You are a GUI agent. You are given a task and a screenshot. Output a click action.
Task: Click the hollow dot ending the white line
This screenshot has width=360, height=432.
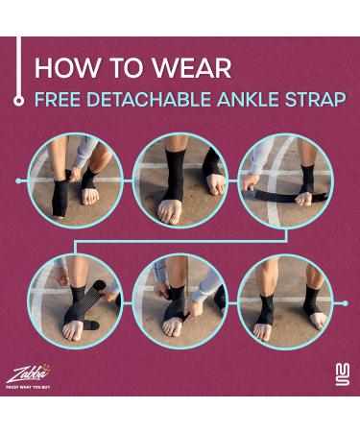[x=18, y=100]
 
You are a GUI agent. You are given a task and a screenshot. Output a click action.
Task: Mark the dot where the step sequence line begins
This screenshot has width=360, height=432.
[x=18, y=180]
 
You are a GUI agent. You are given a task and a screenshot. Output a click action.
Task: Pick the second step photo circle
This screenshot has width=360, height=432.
[x=180, y=180]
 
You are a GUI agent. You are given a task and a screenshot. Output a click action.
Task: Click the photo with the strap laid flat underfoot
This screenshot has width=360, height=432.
[x=284, y=180]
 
